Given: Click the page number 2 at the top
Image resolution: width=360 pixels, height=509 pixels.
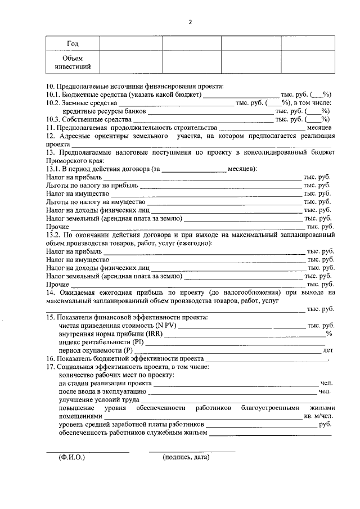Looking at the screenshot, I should pyautogui.click(x=190, y=22).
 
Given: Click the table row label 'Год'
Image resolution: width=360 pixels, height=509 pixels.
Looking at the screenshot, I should pyautogui.click(x=73, y=44).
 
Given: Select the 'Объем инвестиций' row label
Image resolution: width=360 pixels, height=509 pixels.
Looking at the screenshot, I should pyautogui.click(x=73, y=63).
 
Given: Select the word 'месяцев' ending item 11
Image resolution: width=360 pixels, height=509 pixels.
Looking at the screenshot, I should pyautogui.click(x=319, y=128).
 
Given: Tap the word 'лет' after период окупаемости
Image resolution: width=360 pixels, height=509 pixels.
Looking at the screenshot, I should pyautogui.click(x=328, y=350).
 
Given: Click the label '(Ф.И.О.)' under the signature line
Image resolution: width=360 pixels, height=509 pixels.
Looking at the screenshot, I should pyautogui.click(x=71, y=457).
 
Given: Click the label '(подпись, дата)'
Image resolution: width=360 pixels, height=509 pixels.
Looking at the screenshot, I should pyautogui.click(x=186, y=457).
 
